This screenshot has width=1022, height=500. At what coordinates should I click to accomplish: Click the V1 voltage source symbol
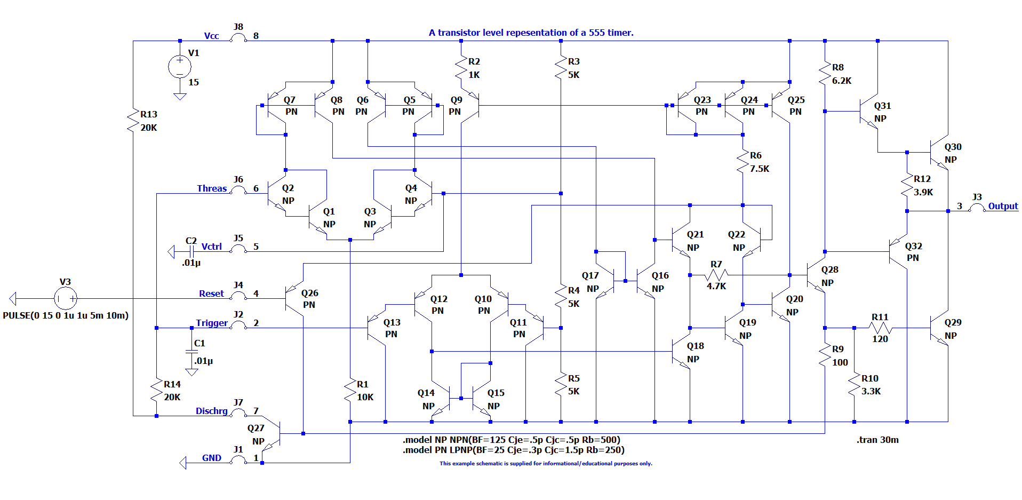tap(180, 67)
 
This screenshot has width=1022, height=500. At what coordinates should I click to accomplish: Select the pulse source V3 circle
tap(66, 298)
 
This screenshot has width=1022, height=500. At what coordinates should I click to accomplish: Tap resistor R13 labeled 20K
tap(133, 121)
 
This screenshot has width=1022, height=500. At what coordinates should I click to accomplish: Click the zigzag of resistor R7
tap(716, 275)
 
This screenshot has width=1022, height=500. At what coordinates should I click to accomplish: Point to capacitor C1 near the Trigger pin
tap(191, 351)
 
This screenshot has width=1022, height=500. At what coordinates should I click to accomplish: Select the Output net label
tap(1003, 206)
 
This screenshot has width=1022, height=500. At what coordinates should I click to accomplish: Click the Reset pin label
tap(211, 293)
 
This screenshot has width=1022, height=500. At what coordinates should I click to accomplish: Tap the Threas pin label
tap(212, 188)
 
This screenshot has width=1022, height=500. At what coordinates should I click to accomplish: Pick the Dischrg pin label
tap(212, 411)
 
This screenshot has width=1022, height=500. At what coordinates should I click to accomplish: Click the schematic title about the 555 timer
tap(531, 33)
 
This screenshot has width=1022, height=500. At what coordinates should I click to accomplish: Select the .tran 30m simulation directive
tap(878, 440)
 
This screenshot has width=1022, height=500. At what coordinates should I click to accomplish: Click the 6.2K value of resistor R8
tap(842, 81)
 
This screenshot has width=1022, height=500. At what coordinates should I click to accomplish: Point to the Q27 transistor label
tap(256, 428)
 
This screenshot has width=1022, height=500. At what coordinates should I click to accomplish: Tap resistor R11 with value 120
tap(880, 328)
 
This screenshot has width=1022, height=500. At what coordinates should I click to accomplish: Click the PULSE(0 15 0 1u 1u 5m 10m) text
tap(66, 315)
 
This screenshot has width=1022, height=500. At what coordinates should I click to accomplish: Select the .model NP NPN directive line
tap(512, 440)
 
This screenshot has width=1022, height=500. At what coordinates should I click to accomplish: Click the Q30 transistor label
tap(953, 147)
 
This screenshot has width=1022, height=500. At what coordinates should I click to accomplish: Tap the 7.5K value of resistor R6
tap(760, 169)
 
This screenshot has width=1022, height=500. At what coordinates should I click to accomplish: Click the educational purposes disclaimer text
tap(546, 463)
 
